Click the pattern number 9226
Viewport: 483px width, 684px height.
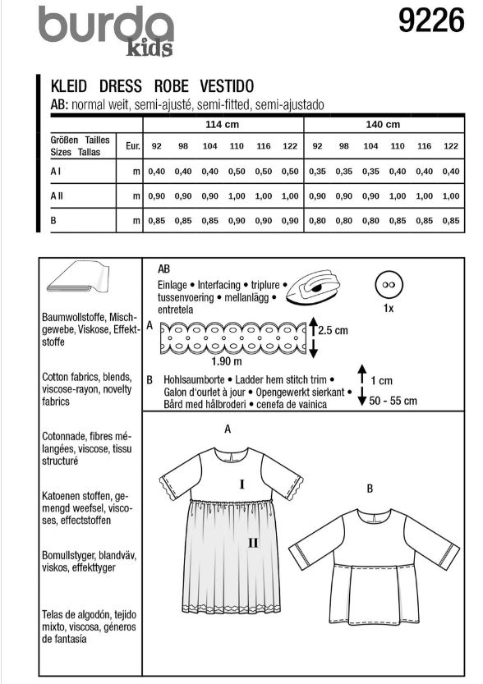point(431,21)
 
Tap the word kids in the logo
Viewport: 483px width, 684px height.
point(149,48)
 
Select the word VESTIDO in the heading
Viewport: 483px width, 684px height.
point(227,86)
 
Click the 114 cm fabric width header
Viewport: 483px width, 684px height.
point(222,124)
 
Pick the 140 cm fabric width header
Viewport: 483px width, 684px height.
point(383,124)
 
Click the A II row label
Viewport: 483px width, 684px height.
point(57,196)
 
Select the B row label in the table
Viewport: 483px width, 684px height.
point(53,221)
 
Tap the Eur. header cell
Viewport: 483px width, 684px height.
point(132,145)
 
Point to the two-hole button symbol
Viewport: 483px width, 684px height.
point(389,284)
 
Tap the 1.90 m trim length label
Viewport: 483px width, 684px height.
point(227,361)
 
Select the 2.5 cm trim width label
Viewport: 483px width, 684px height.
point(333,330)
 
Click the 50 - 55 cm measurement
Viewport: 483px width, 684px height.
point(393,401)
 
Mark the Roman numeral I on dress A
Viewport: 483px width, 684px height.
point(241,484)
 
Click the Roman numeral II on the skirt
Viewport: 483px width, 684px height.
point(253,543)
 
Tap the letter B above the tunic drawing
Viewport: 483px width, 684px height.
point(370,489)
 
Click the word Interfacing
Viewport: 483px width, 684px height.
point(219,285)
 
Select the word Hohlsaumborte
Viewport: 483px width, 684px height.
point(194,380)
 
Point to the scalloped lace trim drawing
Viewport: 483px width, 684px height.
point(233,337)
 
